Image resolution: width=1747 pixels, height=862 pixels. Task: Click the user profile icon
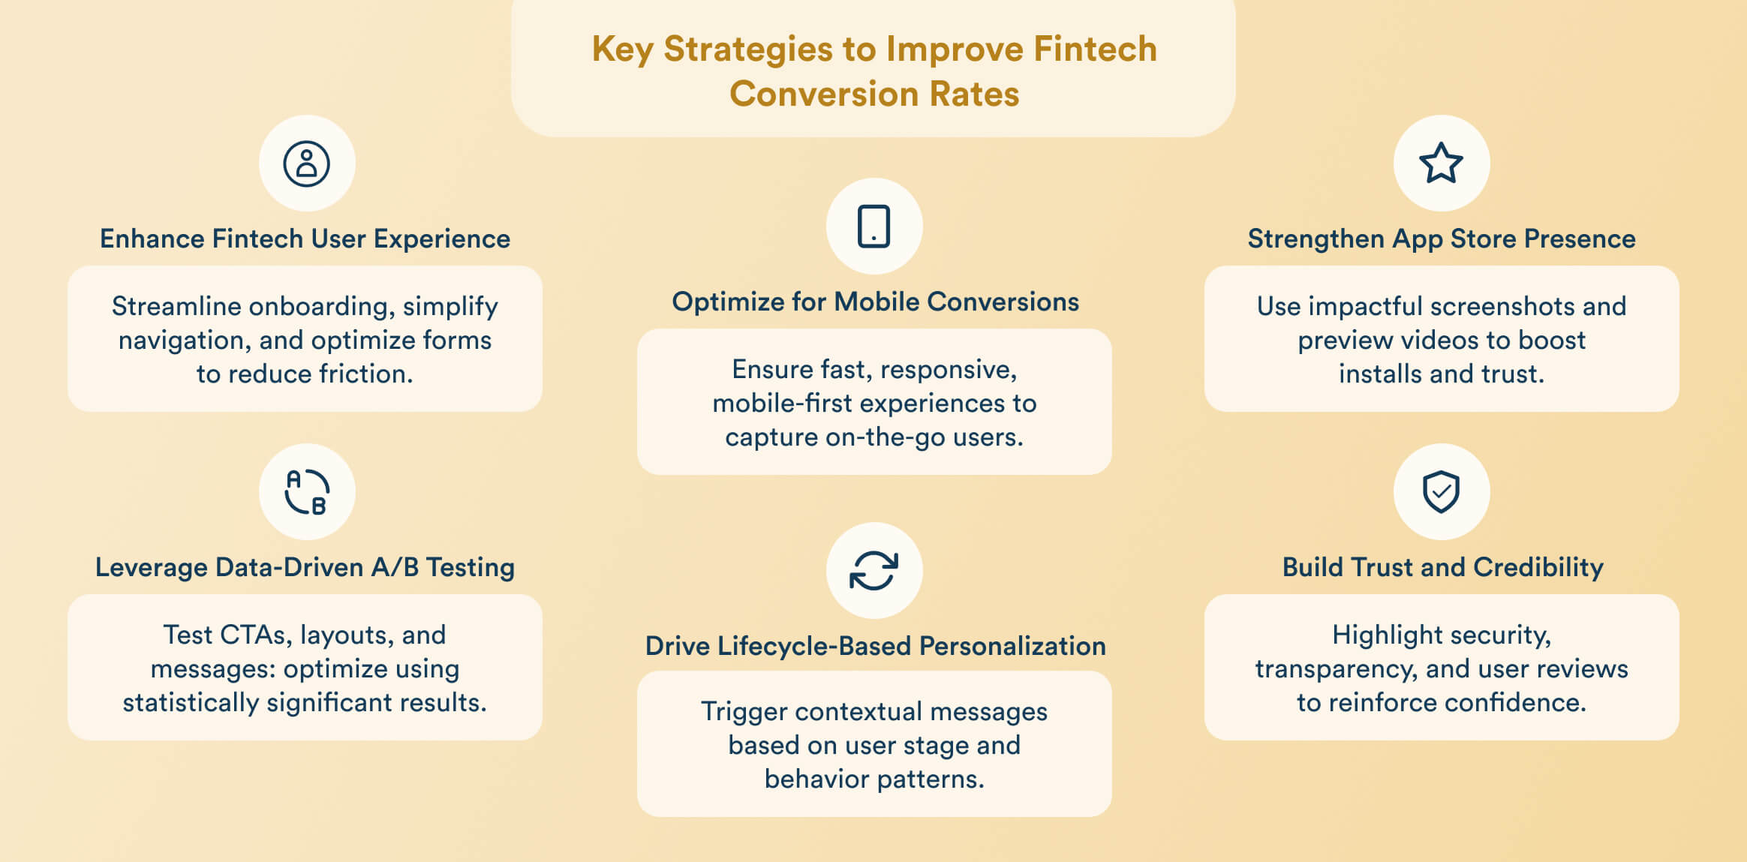[306, 164]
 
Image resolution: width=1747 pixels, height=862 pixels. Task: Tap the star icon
[1441, 164]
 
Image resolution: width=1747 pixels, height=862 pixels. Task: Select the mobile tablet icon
[873, 227]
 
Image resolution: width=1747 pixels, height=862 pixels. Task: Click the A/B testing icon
[306, 492]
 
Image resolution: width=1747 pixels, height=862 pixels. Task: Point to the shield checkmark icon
[1441, 492]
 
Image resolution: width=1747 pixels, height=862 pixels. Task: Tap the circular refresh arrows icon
[873, 571]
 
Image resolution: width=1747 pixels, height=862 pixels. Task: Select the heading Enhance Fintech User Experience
[305, 239]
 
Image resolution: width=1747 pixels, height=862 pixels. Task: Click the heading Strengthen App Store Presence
[1441, 239]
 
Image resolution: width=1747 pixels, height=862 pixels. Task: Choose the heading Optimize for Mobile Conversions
[875, 302]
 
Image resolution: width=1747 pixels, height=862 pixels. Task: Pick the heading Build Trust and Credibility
[1442, 567]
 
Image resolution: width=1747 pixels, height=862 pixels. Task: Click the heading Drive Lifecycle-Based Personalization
[875, 646]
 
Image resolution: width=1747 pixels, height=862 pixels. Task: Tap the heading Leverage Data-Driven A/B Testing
[305, 567]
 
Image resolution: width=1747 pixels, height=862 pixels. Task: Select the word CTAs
[254, 635]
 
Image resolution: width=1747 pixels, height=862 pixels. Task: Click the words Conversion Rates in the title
[873, 95]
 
